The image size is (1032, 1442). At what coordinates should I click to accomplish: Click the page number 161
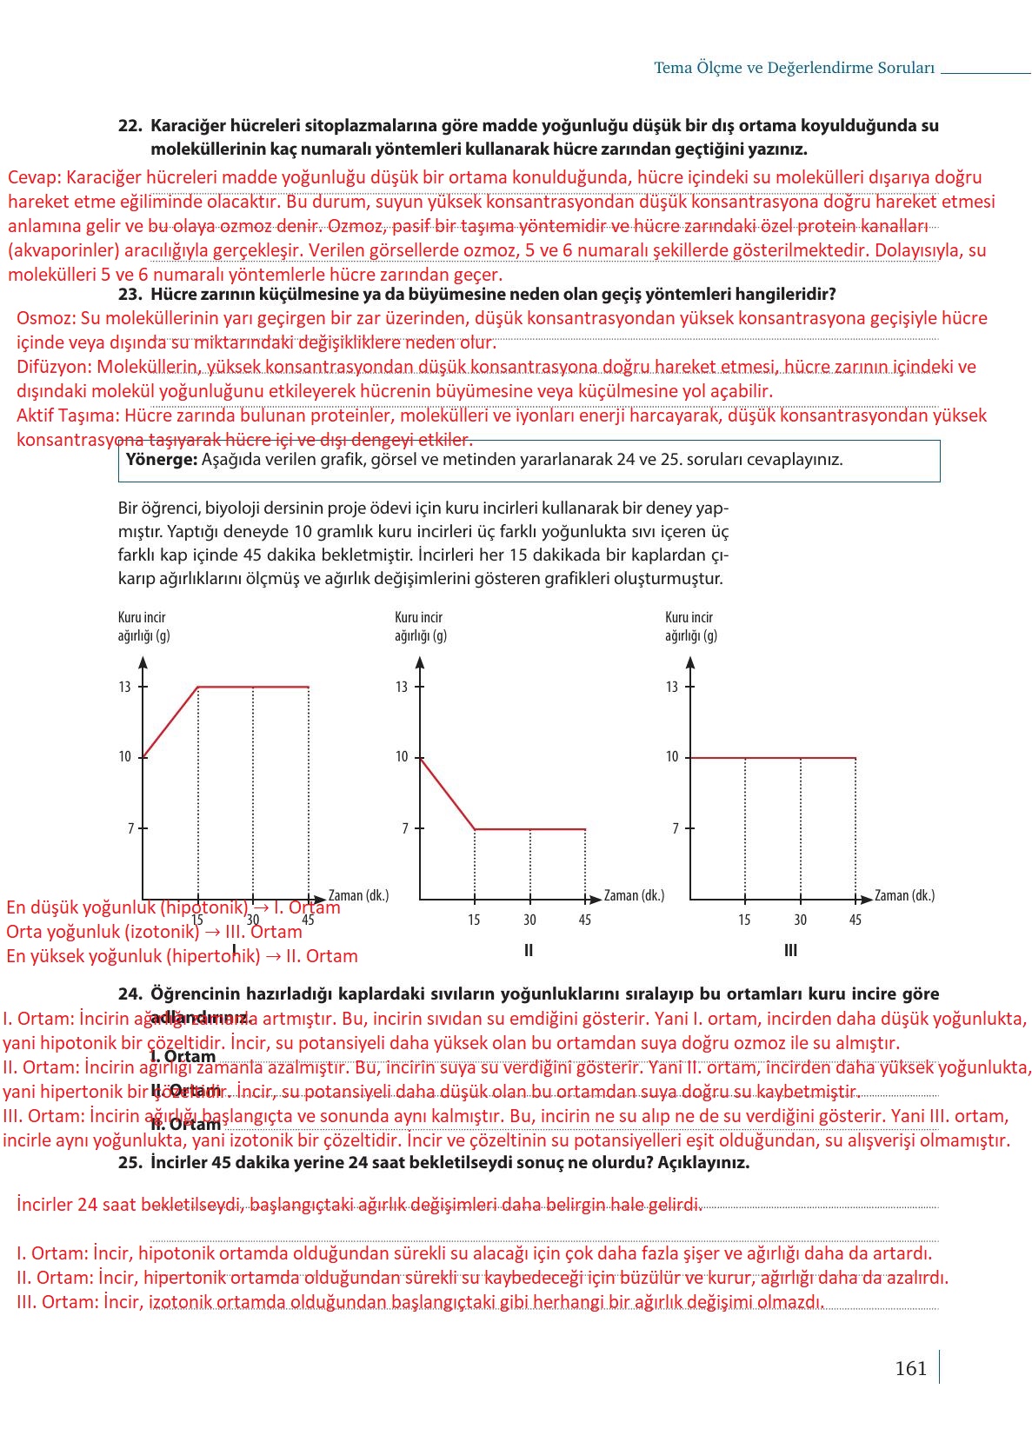tap(910, 1369)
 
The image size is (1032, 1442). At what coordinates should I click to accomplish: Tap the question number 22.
tap(130, 126)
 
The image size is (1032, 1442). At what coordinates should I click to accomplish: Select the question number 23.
tap(130, 294)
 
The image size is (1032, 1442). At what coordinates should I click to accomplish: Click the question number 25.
tap(130, 1163)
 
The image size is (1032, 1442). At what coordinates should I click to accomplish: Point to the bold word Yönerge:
tap(162, 460)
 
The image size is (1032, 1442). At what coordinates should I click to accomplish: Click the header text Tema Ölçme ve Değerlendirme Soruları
tap(794, 68)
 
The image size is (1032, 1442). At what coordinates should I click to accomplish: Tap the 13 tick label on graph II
tap(402, 687)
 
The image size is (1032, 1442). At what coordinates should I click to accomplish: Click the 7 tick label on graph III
tap(676, 829)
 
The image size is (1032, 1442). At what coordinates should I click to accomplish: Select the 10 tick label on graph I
tap(125, 757)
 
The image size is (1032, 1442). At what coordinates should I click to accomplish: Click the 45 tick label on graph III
tap(856, 920)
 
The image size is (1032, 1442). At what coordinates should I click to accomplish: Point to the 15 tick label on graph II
tap(474, 920)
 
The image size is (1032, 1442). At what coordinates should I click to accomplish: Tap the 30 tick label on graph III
tap(800, 920)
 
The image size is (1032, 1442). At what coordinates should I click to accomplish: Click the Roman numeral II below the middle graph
tap(529, 951)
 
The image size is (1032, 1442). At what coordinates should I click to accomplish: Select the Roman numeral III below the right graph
tap(790, 951)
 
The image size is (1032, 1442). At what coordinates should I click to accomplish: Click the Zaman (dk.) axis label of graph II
tap(634, 895)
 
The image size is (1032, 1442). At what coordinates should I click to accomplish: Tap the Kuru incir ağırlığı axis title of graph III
tap(690, 627)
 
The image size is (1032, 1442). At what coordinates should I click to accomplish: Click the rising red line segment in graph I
tap(170, 722)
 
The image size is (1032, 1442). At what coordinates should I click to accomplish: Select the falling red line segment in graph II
tap(447, 793)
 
